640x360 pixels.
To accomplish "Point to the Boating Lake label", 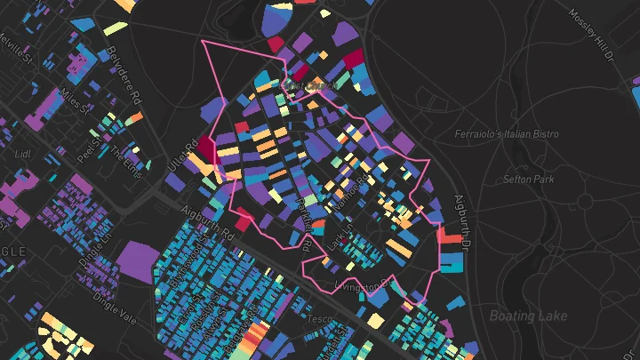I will click(528, 316).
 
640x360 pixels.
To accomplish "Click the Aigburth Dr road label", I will click(461, 219).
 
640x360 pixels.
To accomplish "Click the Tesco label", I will click(319, 317).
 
